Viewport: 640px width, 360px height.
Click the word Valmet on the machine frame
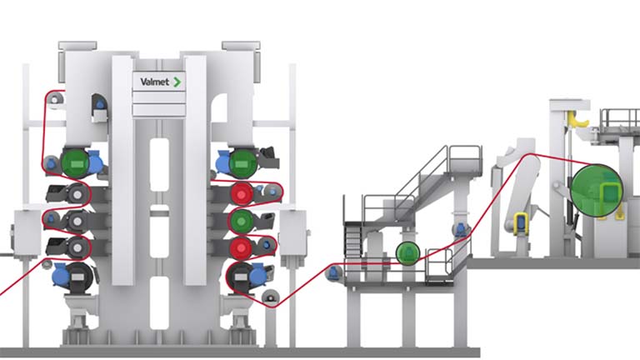[x=154, y=82]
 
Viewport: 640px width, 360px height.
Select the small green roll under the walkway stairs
[x=407, y=253]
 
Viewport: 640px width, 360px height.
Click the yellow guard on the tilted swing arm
[x=522, y=223]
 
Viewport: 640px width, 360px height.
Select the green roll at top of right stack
[x=242, y=162]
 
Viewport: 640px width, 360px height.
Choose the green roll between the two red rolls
[x=242, y=220]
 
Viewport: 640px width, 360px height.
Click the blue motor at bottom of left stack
[x=61, y=272]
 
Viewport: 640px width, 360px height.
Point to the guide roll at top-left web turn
[x=55, y=101]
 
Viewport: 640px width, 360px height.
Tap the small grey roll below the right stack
[x=268, y=297]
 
